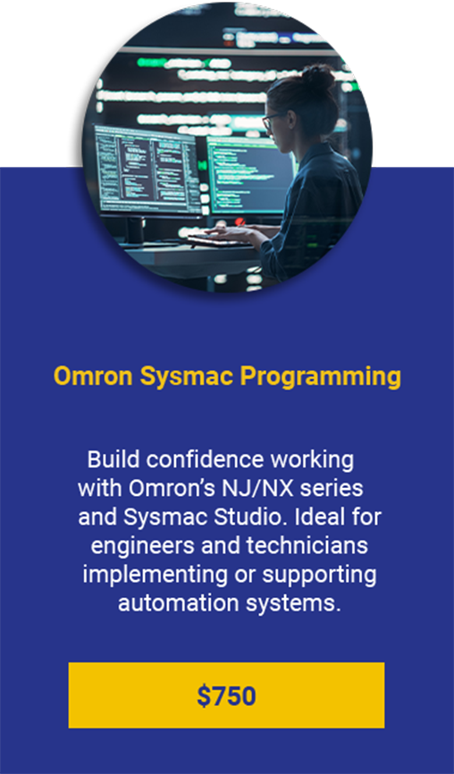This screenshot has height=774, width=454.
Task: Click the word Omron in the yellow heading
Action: click(x=93, y=376)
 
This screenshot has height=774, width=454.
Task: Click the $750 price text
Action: click(x=226, y=695)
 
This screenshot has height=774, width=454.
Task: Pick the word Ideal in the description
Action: click(x=324, y=517)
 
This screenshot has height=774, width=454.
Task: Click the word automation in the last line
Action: click(x=171, y=603)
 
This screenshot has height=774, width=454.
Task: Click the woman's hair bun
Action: click(x=318, y=77)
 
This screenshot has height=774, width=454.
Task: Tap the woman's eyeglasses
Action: click(x=273, y=121)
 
